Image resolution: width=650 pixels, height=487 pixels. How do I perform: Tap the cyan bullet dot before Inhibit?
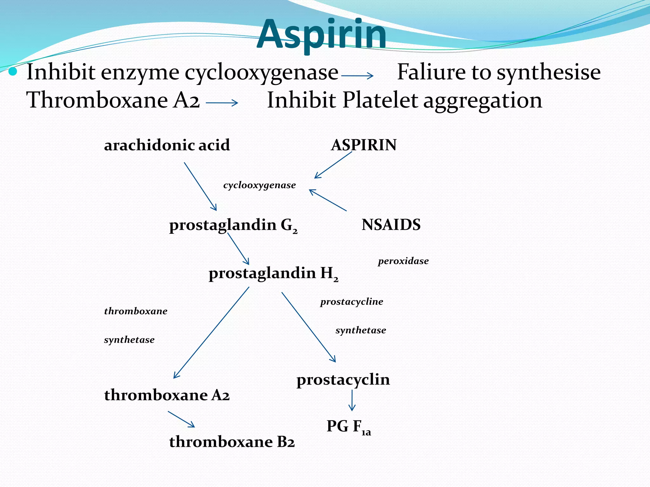pos(13,72)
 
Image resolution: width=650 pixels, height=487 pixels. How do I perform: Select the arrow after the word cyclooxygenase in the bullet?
pos(357,75)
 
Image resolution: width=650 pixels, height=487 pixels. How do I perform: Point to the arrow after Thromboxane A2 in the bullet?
pos(222,103)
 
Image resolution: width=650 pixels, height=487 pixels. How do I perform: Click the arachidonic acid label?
pos(167,145)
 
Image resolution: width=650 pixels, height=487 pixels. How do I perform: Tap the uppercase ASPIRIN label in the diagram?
pos(364,145)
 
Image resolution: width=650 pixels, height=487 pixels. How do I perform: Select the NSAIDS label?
pos(391,225)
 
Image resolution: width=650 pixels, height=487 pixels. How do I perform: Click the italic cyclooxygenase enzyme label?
pos(259,185)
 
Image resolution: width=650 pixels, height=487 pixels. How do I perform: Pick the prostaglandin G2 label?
pos(233,225)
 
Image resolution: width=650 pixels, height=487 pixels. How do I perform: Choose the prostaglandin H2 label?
pos(273,273)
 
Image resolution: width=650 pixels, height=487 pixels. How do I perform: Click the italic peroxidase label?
pos(403,261)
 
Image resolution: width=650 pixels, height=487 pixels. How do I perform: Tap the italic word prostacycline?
pos(352,302)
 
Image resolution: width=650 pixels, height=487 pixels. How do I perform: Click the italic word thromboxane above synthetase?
pos(136,311)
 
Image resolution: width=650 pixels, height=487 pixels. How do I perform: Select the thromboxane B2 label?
pos(232,442)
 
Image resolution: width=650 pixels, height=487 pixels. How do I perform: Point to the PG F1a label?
pos(348,426)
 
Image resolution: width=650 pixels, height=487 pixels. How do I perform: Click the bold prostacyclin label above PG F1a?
pos(343,380)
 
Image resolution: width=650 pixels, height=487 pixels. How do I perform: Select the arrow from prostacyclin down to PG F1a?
pos(352,400)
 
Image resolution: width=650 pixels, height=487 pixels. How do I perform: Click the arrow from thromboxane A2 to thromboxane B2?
pos(181,419)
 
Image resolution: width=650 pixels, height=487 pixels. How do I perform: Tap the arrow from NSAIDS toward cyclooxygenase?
pos(328,200)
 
